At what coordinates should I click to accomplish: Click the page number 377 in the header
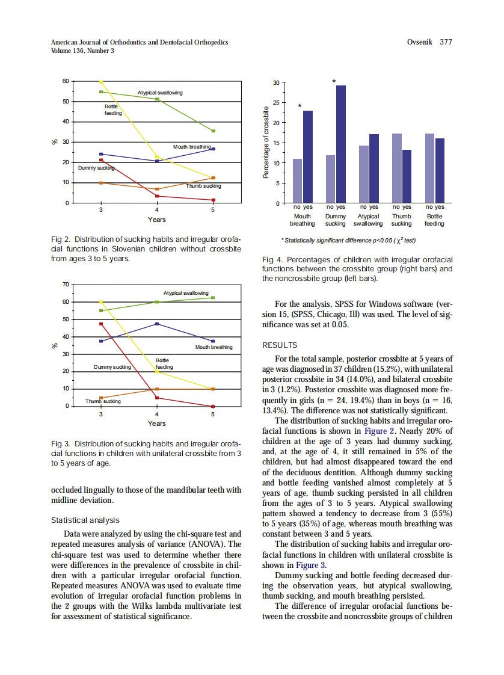tap(445, 42)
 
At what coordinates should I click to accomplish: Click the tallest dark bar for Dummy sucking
tap(341, 144)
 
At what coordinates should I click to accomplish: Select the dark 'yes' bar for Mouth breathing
tap(308, 156)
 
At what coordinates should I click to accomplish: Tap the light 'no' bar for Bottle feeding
tap(429, 168)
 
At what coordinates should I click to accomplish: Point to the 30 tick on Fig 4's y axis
tap(275, 82)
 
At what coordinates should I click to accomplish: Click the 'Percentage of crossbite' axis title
tap(265, 143)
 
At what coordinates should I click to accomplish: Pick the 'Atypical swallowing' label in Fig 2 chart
tap(160, 93)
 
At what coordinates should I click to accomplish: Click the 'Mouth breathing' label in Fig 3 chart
tap(214, 347)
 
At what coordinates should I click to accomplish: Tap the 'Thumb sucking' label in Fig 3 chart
tap(103, 401)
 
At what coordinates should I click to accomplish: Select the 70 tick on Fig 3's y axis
tap(66, 284)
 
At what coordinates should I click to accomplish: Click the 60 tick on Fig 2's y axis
tap(66, 81)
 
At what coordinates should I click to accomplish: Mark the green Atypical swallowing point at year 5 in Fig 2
tap(214, 131)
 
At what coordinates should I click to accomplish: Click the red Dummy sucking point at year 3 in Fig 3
tap(101, 324)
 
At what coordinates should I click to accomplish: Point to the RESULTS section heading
tap(280, 345)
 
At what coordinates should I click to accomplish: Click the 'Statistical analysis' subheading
tap(85, 520)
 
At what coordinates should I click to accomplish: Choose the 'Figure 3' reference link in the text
tap(311, 565)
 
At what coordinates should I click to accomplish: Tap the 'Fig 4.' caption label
tap(272, 260)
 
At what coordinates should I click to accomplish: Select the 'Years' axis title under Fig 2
tap(157, 220)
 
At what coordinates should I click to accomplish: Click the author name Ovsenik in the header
tap(420, 42)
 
